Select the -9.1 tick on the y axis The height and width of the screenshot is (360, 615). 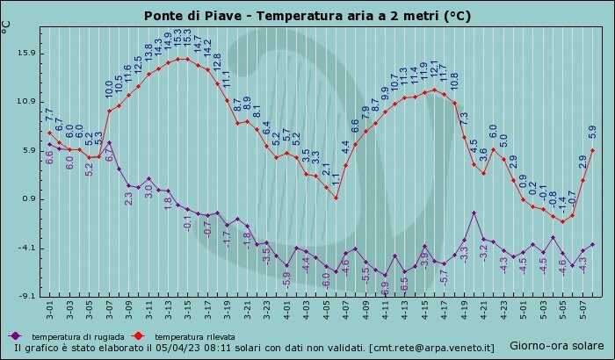click(25, 296)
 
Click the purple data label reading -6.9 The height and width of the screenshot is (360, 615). click(385, 286)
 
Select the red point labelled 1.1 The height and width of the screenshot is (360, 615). click(336, 198)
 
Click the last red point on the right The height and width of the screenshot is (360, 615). click(593, 150)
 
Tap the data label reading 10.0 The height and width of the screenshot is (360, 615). click(110, 89)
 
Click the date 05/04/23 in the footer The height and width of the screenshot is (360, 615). click(181, 349)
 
